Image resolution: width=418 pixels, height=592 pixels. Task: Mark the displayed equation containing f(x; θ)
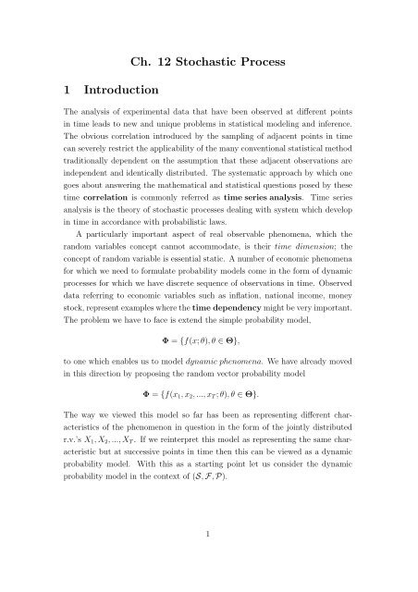(x=209, y=380)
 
